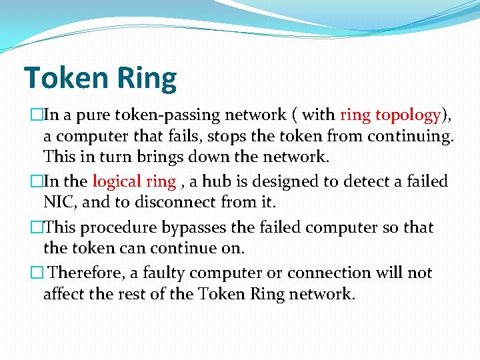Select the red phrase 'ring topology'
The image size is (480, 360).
(390, 115)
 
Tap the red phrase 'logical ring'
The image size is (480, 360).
(133, 181)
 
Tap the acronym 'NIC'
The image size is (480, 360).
(59, 203)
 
